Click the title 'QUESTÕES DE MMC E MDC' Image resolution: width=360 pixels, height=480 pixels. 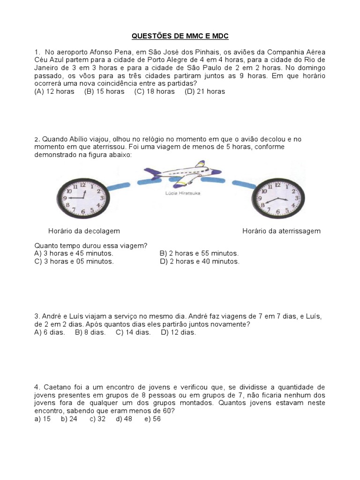point(180,36)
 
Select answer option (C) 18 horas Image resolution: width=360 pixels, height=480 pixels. point(154,91)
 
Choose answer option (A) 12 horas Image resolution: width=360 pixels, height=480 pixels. point(54,91)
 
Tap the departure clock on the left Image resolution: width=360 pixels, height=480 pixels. point(83,199)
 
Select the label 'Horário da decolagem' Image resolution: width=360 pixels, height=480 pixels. point(84,231)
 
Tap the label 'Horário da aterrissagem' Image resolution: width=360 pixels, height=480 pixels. point(281,231)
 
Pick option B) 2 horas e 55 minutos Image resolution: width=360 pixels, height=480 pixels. point(199,254)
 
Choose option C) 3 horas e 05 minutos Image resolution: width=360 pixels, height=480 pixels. point(74,262)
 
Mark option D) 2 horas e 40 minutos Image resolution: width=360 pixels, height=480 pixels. point(199,262)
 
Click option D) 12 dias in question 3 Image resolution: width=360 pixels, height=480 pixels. point(178,332)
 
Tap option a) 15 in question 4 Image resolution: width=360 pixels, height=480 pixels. point(43,419)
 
